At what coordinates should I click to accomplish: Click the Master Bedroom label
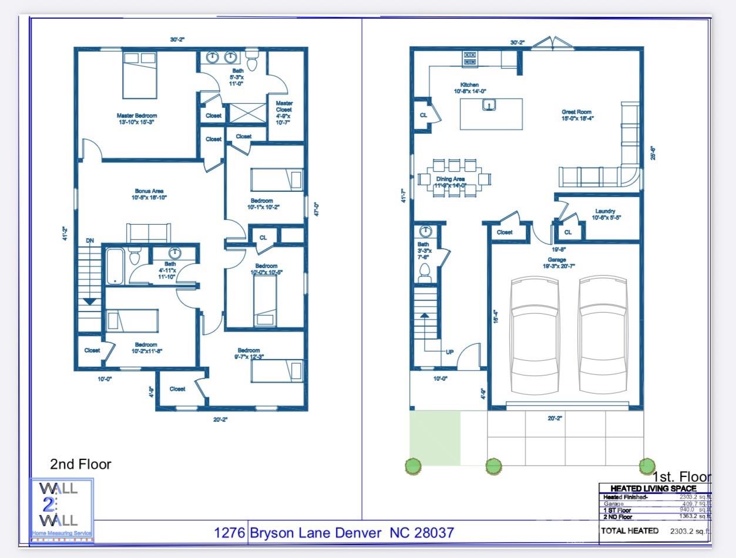point(137,116)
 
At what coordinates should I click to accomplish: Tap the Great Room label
point(576,112)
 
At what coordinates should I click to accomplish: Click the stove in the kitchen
point(470,58)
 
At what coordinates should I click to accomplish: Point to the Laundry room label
point(605,211)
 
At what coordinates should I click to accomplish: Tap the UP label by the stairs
point(449,352)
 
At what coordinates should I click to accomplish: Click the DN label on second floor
point(90,241)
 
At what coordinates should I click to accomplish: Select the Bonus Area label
point(149,191)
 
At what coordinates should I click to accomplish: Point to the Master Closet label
point(284,110)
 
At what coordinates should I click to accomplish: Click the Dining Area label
point(451,180)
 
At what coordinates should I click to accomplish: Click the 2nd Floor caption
point(80,465)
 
